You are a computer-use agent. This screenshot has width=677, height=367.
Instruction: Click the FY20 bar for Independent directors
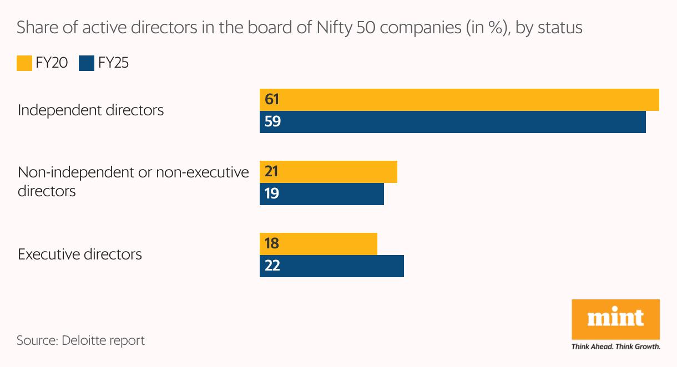pyautogui.click(x=459, y=100)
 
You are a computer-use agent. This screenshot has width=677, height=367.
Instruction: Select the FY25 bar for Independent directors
pyautogui.click(x=453, y=122)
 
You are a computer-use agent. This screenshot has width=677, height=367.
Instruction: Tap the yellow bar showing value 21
pyautogui.click(x=329, y=172)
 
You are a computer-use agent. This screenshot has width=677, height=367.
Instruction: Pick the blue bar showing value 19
pyautogui.click(x=322, y=194)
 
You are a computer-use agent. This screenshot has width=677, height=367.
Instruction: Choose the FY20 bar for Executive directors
pyautogui.click(x=319, y=244)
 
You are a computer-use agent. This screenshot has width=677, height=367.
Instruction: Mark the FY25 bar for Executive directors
pyautogui.click(x=332, y=266)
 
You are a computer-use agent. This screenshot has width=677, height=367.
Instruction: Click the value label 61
pyautogui.click(x=272, y=100)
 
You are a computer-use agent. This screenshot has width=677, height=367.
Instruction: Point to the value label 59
pyautogui.click(x=272, y=122)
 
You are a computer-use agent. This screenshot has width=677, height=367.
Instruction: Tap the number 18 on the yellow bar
pyautogui.click(x=272, y=244)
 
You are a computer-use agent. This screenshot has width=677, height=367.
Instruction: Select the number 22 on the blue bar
pyautogui.click(x=272, y=266)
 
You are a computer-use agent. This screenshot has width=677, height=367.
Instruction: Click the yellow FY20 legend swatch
pyautogui.click(x=24, y=63)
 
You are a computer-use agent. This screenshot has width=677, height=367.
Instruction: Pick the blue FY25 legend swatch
pyautogui.click(x=87, y=63)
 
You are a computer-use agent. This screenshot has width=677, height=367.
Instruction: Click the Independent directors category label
pyautogui.click(x=90, y=110)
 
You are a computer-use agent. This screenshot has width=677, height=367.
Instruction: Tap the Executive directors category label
pyautogui.click(x=80, y=254)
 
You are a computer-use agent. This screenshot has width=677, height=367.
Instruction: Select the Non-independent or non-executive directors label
pyautogui.click(x=133, y=181)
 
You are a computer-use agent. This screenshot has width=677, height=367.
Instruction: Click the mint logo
pyautogui.click(x=615, y=318)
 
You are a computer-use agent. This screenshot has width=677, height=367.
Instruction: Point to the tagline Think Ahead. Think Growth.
pyautogui.click(x=615, y=347)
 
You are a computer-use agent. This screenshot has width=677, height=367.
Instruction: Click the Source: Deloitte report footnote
pyautogui.click(x=80, y=340)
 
